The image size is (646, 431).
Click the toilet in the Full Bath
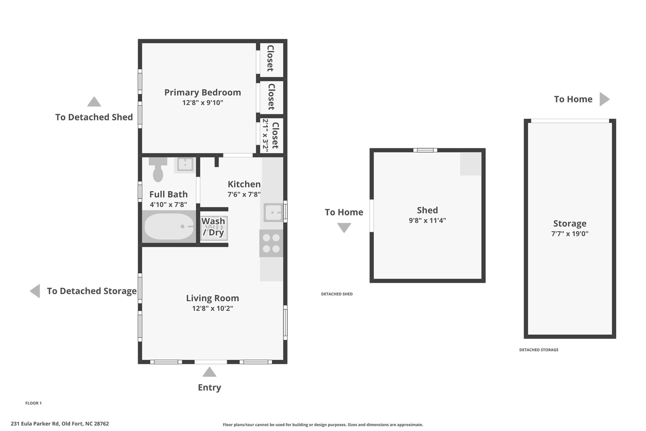click(x=158, y=170)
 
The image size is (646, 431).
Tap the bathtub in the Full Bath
click(x=169, y=226)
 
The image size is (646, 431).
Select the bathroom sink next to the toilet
click(x=185, y=165)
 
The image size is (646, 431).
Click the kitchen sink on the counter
click(x=273, y=213)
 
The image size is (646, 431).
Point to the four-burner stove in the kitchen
click(x=271, y=243)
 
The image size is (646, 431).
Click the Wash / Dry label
click(x=213, y=227)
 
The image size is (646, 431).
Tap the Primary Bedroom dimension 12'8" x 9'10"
click(x=203, y=103)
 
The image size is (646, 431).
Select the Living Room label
click(x=212, y=298)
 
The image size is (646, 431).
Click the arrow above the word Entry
click(x=209, y=372)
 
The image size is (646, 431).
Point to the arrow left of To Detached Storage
click(x=35, y=291)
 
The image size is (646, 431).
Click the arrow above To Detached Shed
click(x=94, y=101)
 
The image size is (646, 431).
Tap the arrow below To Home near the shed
click(x=344, y=228)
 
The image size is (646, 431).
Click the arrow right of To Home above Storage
click(x=604, y=99)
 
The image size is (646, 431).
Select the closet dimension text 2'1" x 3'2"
click(x=265, y=135)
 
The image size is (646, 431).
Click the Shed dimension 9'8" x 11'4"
click(x=427, y=220)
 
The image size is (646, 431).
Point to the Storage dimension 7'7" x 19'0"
click(x=570, y=234)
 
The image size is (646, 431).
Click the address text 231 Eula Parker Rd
click(x=35, y=424)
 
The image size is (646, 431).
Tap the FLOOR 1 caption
click(x=33, y=403)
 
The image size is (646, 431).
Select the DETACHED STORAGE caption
click(x=539, y=350)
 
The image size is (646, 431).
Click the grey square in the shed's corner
click(x=471, y=164)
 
